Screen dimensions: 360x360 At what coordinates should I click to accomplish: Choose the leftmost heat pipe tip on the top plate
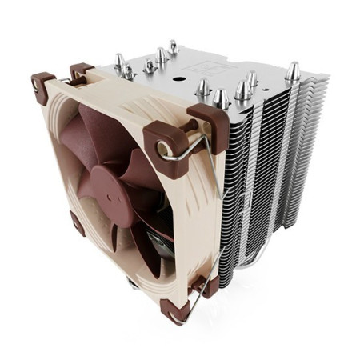[x=119, y=62]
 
